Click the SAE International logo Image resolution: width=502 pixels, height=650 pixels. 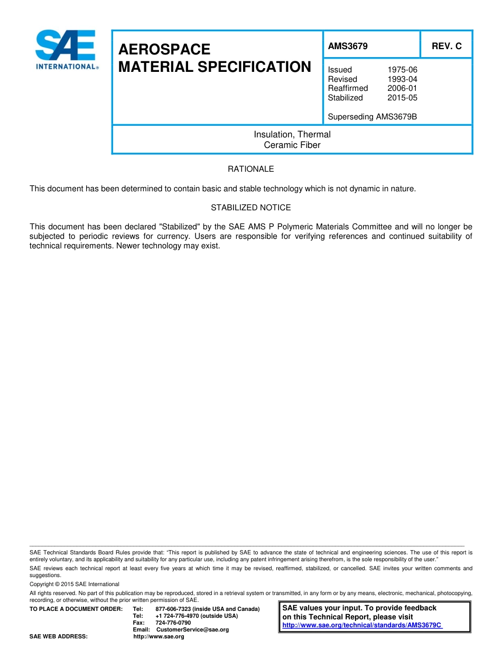click(66, 50)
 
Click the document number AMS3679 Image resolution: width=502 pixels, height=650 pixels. click(348, 46)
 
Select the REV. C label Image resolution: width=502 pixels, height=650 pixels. click(447, 46)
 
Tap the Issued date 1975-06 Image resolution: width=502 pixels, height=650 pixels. click(402, 70)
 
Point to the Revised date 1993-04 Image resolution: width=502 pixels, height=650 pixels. click(402, 79)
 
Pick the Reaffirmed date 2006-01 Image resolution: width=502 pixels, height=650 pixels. click(402, 88)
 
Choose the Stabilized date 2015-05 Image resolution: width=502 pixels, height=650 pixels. click(402, 98)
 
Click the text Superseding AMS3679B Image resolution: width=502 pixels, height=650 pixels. click(372, 117)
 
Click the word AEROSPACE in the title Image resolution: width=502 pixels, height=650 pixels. click(164, 50)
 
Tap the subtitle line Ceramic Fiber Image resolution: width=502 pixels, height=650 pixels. click(292, 145)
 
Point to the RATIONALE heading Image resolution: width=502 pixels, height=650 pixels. click(250, 169)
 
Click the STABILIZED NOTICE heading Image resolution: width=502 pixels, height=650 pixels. click(250, 208)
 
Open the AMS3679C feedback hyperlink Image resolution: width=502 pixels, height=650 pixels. click(362, 625)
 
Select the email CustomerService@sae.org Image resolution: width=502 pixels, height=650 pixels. click(192, 630)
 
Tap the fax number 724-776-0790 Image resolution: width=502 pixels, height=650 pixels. click(173, 623)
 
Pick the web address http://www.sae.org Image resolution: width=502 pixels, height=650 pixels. click(159, 637)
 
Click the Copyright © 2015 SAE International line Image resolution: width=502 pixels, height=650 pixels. click(75, 584)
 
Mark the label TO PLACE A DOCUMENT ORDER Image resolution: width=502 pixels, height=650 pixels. click(76, 609)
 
